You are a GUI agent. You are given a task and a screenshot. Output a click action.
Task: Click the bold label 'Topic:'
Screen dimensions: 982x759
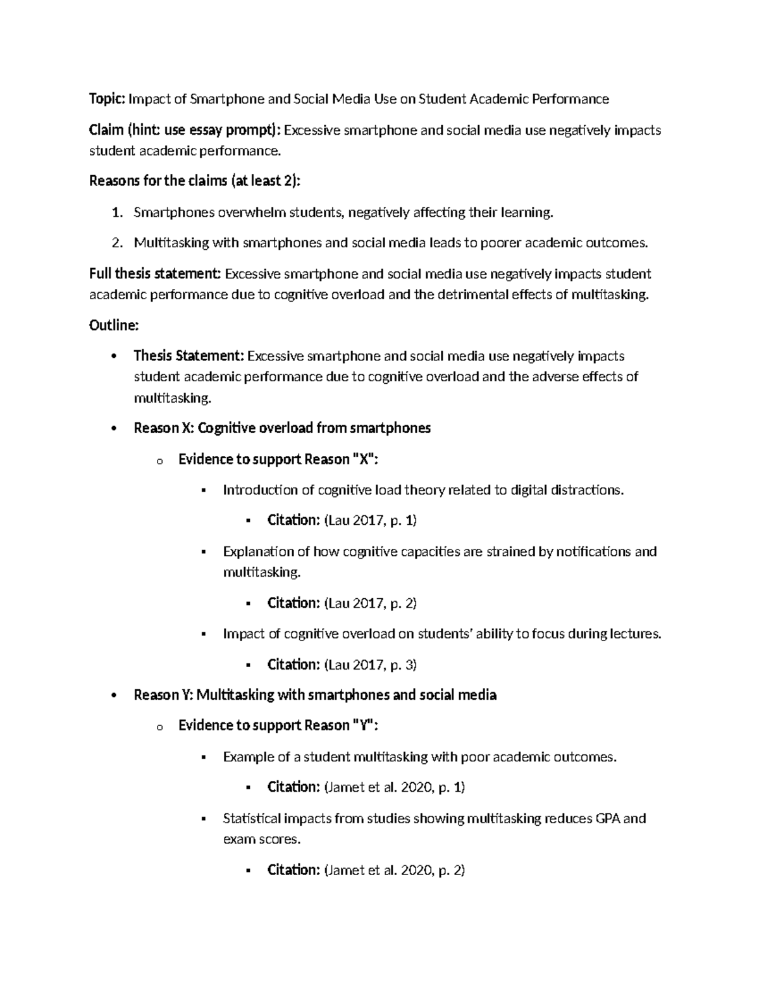(x=108, y=99)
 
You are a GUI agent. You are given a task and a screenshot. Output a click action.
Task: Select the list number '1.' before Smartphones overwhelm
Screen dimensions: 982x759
(x=117, y=212)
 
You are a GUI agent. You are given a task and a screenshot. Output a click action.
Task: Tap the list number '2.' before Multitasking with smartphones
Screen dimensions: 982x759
(x=117, y=243)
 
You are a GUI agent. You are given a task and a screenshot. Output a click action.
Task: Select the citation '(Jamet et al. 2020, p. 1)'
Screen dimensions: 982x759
(x=394, y=787)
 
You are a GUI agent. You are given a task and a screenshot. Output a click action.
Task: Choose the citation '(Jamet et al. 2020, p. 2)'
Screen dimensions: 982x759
(x=394, y=870)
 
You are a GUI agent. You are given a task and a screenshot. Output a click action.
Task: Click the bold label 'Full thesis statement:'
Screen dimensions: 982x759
(x=156, y=274)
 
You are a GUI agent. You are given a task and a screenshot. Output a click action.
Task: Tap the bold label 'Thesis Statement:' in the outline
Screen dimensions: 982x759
(x=188, y=356)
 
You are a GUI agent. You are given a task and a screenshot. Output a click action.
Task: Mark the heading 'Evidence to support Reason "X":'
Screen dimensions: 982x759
(x=278, y=459)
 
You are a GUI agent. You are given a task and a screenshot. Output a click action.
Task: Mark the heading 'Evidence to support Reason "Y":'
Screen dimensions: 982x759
(x=278, y=725)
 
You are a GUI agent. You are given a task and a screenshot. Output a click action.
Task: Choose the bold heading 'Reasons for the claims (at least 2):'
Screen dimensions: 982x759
(x=195, y=181)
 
